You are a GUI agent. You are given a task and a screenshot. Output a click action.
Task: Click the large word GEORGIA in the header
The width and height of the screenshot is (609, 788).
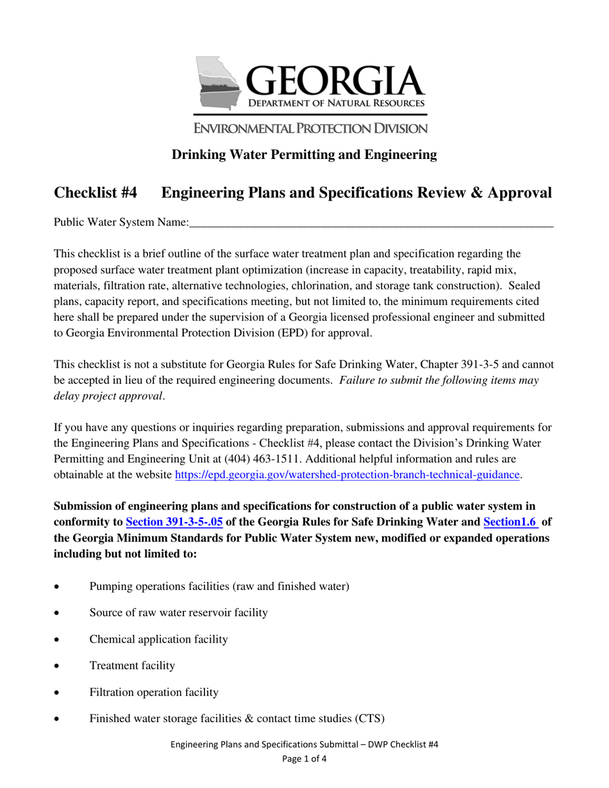[335, 80]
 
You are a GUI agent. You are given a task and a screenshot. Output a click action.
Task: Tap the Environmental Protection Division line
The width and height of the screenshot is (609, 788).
[310, 128]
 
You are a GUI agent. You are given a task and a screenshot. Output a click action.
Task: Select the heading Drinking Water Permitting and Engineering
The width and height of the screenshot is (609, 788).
[304, 154]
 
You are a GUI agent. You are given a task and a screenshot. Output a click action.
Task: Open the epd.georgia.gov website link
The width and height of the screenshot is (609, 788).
[347, 475]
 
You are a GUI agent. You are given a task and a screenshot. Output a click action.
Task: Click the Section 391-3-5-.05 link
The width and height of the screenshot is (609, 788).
[174, 521]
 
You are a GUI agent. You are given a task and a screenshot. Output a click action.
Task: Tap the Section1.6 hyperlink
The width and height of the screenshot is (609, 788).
[510, 521]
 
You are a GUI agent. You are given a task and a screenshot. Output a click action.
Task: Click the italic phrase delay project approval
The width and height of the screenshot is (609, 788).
[108, 396]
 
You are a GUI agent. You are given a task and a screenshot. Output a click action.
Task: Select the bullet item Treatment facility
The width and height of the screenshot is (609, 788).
[132, 666]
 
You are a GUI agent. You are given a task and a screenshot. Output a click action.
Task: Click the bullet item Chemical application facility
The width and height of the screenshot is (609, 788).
[158, 639]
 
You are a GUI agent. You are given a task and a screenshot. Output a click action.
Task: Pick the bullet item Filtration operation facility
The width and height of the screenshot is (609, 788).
[154, 693]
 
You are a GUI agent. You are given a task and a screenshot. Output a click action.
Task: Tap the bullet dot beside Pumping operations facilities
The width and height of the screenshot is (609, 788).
[58, 587]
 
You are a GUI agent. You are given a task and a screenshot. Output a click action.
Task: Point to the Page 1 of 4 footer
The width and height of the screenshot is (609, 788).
[304, 759]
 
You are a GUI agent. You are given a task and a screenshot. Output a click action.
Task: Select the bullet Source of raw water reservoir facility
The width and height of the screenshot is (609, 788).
[178, 612]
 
